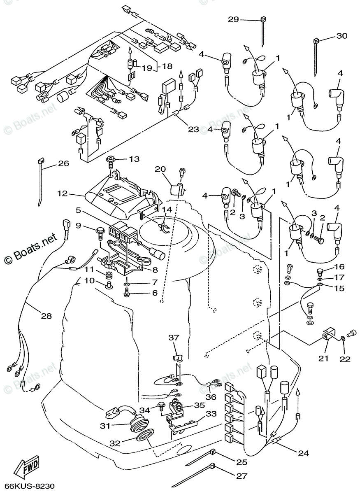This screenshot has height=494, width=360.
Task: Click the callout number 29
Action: pyautogui.click(x=234, y=19)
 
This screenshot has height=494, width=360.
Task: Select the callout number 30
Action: pyautogui.click(x=341, y=36)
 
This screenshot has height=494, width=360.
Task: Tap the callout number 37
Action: pyautogui.click(x=174, y=338)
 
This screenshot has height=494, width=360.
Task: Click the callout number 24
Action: pyautogui.click(x=303, y=453)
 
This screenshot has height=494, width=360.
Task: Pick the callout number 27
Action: pyautogui.click(x=242, y=476)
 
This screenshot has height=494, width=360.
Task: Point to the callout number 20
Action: pyautogui.click(x=160, y=169)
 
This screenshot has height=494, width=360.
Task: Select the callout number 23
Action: pyautogui.click(x=193, y=129)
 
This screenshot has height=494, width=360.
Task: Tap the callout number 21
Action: pyautogui.click(x=324, y=359)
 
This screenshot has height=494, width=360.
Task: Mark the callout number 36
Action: pyautogui.click(x=211, y=397)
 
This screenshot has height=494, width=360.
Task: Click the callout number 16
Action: pyautogui.click(x=339, y=266)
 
